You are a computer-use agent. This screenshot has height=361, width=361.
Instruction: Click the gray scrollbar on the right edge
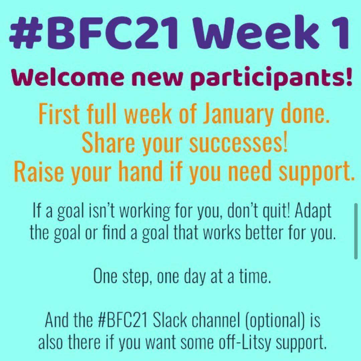356,231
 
